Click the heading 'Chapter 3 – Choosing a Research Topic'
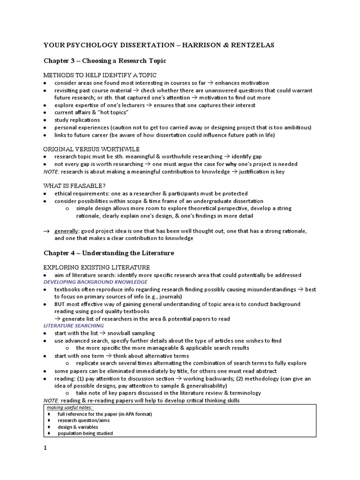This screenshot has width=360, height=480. [105, 61]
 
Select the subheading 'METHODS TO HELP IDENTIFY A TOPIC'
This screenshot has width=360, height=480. [100, 75]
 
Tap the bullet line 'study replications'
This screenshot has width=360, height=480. [77, 120]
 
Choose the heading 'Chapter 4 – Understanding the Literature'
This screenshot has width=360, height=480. [109, 253]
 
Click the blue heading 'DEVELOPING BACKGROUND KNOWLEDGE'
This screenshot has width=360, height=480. [96, 282]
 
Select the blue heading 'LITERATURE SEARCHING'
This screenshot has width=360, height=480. [74, 325]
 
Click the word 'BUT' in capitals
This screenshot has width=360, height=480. [60, 304]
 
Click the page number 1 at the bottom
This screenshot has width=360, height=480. [45, 448]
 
